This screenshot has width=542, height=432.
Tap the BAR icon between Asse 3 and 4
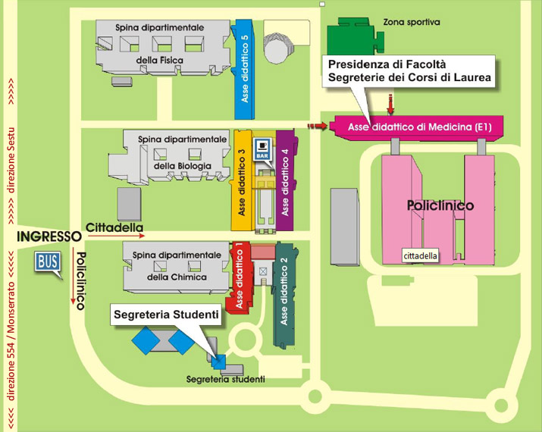click(262, 149)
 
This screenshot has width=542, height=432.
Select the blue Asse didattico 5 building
click(245, 69)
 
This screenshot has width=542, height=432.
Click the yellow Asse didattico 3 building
click(242, 180)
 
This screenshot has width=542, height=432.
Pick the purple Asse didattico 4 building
click(285, 180)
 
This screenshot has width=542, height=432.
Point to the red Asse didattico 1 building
click(239, 278)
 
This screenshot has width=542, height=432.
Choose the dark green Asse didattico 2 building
click(285, 296)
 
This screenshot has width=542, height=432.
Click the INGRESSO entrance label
click(49, 236)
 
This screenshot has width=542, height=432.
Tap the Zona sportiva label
click(412, 22)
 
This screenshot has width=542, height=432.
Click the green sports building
click(354, 36)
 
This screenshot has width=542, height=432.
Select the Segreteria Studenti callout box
click(166, 315)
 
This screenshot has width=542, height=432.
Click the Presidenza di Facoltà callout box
click(409, 70)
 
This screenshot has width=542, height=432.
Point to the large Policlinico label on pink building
click(440, 205)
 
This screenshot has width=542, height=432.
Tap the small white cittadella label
click(420, 256)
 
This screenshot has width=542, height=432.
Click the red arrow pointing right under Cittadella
click(116, 236)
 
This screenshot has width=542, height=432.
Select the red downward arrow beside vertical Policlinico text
click(73, 276)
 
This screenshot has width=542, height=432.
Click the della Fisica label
click(159, 60)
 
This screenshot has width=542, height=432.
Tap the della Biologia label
click(182, 166)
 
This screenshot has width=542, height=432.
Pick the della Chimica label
click(177, 277)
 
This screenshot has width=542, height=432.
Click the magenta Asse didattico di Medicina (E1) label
click(420, 127)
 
